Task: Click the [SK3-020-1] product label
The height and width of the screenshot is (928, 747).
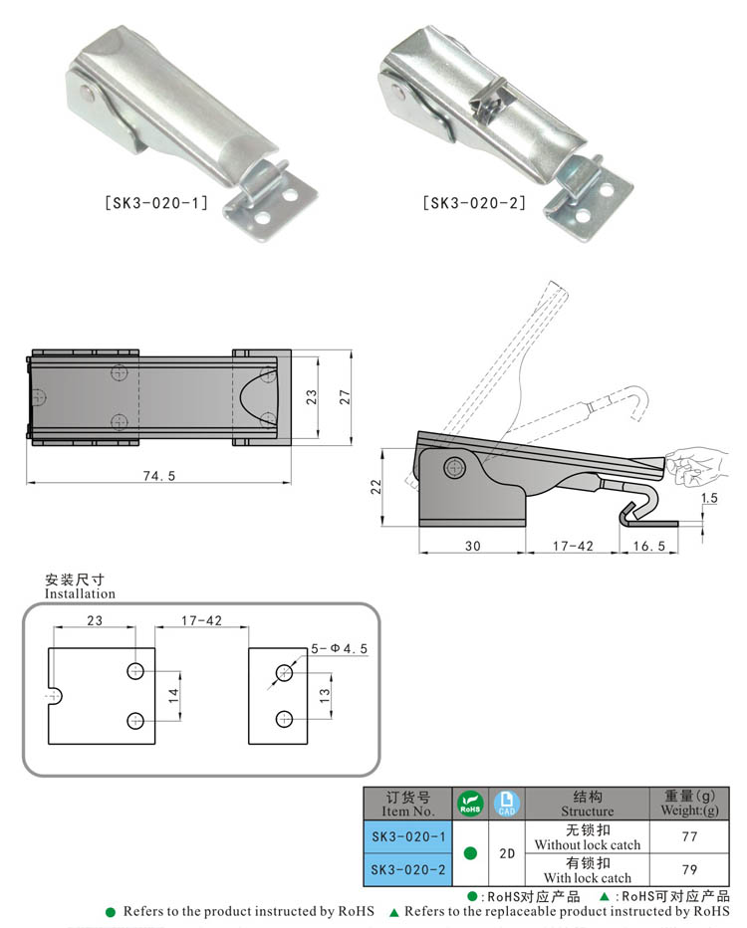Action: [155, 204]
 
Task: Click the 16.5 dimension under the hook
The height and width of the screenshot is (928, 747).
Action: [648, 547]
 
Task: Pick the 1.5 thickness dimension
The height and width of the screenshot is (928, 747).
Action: [709, 497]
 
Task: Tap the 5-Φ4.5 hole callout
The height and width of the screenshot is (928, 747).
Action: [338, 648]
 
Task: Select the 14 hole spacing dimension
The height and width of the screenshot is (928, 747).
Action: [174, 695]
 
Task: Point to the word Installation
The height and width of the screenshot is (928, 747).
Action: [80, 593]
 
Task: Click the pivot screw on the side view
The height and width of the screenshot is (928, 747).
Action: [456, 466]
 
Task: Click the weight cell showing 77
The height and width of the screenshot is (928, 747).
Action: [688, 837]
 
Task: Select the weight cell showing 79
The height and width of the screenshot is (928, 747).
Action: [688, 869]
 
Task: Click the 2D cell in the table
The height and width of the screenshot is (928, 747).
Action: [506, 853]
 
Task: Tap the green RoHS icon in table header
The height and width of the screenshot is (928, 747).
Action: [470, 804]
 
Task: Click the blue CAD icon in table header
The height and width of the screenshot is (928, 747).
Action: [506, 804]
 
